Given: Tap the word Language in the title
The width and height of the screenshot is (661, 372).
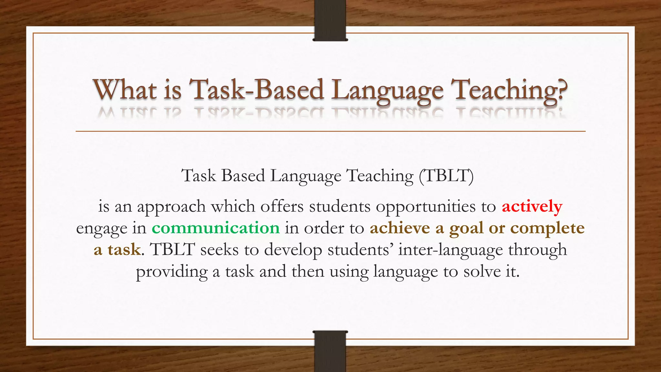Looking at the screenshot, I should pos(387,90).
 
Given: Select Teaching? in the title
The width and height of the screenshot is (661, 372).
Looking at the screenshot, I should pos(509,90).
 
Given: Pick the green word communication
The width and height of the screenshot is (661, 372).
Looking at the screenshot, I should pos(216,228).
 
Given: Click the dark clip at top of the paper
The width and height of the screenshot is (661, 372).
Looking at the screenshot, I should pos(330,20).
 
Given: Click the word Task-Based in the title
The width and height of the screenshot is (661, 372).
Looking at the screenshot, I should pos(256,90).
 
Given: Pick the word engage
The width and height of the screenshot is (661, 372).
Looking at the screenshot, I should pos(101,229).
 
